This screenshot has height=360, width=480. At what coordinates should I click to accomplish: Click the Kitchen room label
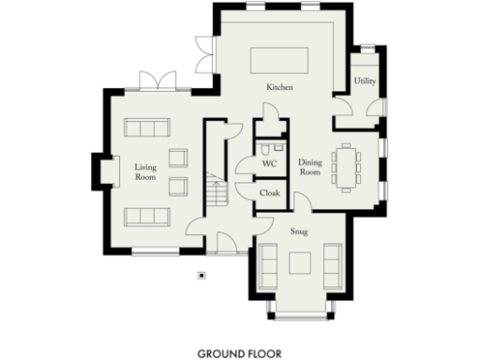pyautogui.click(x=279, y=87)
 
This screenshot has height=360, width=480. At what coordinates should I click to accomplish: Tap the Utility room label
pyautogui.click(x=366, y=82)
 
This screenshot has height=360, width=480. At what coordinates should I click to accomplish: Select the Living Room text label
pyautogui.click(x=144, y=172)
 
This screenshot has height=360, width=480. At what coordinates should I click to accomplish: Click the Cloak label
pyautogui.click(x=270, y=193)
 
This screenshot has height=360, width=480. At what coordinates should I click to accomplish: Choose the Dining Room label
pyautogui.click(x=310, y=168)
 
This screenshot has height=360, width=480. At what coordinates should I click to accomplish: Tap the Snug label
pyautogui.click(x=299, y=230)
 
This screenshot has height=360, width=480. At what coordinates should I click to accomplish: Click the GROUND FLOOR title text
pyautogui.click(x=240, y=354)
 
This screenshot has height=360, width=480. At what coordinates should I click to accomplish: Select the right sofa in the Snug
pyautogui.click(x=333, y=264)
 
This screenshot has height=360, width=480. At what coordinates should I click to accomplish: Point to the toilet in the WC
pyautogui.click(x=268, y=148)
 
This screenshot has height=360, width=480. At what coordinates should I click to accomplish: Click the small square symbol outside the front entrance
pyautogui.click(x=201, y=276)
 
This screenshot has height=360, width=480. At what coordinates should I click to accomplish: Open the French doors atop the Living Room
pyautogui.click(x=150, y=82)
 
